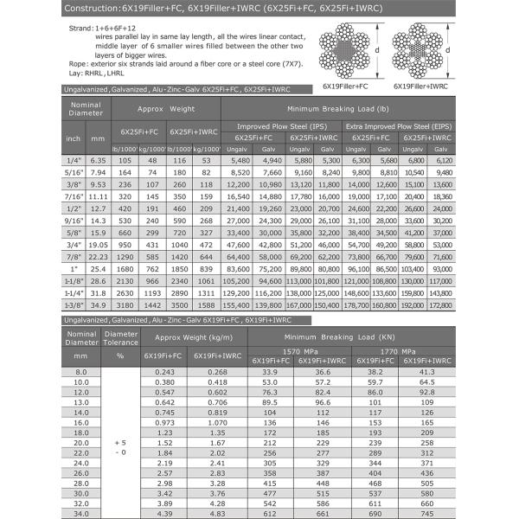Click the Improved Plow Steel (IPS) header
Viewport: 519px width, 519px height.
pyautogui.click(x=282, y=126)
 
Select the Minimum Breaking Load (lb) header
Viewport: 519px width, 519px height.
pyautogui.click(x=338, y=110)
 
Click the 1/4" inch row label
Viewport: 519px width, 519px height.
pyautogui.click(x=75, y=160)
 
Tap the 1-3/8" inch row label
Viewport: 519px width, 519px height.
pyautogui.click(x=75, y=305)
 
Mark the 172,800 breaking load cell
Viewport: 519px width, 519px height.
pyautogui.click(x=441, y=305)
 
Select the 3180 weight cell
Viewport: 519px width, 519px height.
pyautogui.click(x=127, y=305)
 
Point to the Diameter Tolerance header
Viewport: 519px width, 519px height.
pyautogui.click(x=120, y=336)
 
